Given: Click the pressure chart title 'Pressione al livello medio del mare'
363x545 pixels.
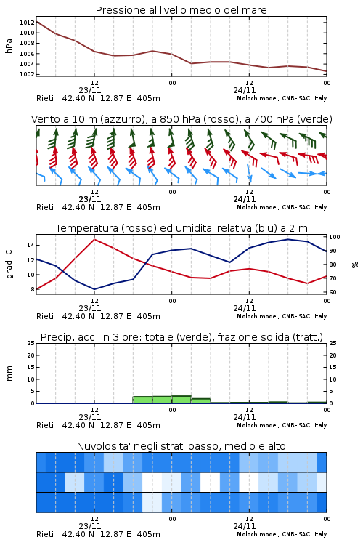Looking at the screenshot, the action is point(181,10).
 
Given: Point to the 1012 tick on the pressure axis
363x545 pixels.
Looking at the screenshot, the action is point(27,23).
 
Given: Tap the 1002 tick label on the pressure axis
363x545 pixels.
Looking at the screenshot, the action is point(27,74).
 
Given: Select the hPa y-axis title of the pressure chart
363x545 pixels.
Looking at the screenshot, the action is point(9,46).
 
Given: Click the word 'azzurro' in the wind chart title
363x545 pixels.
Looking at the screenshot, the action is point(121,119).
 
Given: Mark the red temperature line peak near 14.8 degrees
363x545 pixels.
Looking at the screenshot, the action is point(94,239).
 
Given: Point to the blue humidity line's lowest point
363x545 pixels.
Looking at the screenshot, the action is point(94,289).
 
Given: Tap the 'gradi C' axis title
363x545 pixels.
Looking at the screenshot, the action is point(9,265).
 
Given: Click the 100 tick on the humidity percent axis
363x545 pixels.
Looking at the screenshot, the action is point(335,237).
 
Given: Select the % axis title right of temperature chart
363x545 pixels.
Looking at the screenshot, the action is point(355,265).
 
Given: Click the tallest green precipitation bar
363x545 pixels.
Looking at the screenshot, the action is point(181,400).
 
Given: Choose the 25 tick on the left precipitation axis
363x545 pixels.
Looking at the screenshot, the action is point(31,343).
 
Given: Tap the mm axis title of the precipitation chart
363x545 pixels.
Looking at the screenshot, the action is point(9,374).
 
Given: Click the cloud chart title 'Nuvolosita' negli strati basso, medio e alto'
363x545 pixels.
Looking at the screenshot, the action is point(181,446).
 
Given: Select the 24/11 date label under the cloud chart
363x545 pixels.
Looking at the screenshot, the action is point(245,526).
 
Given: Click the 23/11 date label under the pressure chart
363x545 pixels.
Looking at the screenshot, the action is point(90,90).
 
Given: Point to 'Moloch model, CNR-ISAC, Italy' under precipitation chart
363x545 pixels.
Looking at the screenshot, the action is point(282,425).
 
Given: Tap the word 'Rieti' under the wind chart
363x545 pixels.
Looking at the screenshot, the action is point(45,207).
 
